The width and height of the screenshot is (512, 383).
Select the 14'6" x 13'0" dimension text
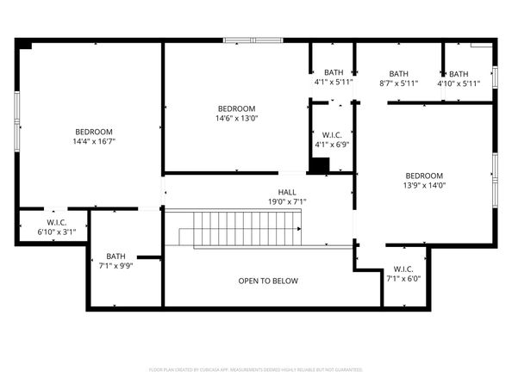(237, 119)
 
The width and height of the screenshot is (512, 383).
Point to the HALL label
(287, 192)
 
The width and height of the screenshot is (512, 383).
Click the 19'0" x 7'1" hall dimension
(287, 202)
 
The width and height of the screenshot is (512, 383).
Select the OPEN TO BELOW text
(268, 281)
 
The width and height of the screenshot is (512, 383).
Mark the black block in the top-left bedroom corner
(26, 45)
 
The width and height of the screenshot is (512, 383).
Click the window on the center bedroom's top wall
(252, 40)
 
